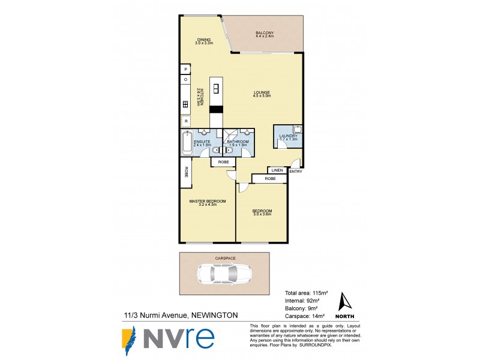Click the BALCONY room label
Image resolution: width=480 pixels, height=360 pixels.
coord(264,32)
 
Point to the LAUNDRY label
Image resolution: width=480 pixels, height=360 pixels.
coord(288,136)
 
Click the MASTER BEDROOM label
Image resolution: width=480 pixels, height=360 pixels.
coord(208,201)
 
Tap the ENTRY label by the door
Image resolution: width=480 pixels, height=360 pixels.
coord(296,172)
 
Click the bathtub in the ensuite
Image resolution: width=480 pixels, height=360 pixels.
coord(187,145)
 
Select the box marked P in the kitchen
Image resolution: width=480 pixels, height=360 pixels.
coord(186,70)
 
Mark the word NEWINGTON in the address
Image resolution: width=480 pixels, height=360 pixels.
coord(215,314)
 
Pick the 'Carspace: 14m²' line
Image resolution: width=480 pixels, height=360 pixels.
coord(304,316)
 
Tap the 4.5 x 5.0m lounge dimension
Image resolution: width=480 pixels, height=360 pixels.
coord(262,96)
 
